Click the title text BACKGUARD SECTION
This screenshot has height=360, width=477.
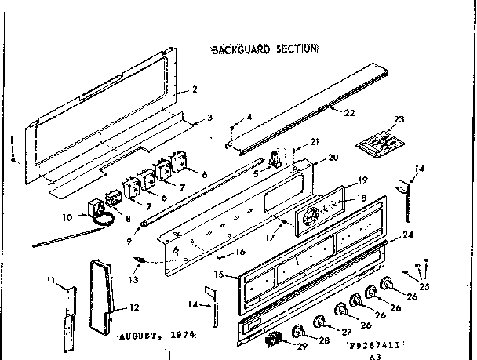[263, 49]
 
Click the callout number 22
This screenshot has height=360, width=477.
[349, 113]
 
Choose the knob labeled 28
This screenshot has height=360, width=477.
[300, 329]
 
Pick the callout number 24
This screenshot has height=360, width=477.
[407, 234]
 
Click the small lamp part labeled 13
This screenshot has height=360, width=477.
[140, 260]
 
